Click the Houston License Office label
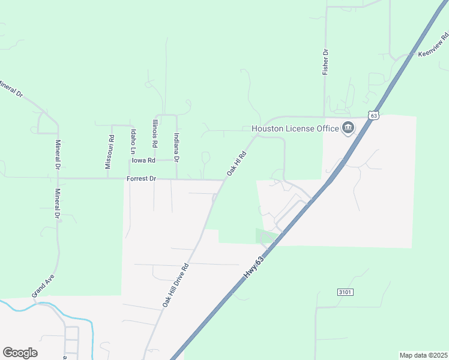coord(294,128)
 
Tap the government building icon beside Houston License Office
coord(348,128)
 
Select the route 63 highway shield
coord(374,115)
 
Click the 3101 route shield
coord(343,292)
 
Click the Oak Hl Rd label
coord(237,163)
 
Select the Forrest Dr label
coord(141,179)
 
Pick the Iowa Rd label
coord(144,160)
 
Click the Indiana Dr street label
coord(176,148)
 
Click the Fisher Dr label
coord(325,62)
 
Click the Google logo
coord(20,352)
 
